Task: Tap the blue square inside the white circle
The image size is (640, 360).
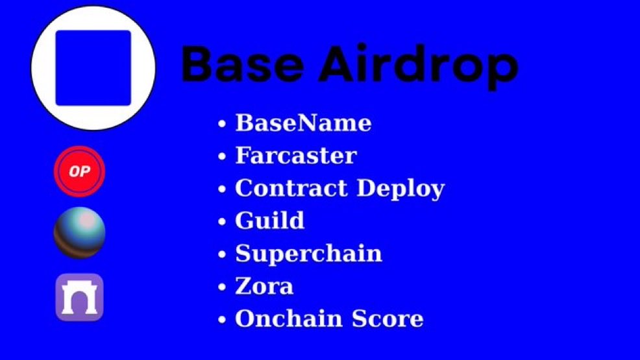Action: click(93, 68)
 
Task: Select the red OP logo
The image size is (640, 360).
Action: click(79, 172)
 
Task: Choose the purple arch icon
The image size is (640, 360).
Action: click(79, 298)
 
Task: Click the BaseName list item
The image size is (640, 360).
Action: click(303, 123)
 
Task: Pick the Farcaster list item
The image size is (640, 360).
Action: click(295, 156)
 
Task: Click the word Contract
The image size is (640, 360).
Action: click(291, 188)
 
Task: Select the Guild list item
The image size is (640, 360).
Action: click(269, 221)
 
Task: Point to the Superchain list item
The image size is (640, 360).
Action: click(308, 253)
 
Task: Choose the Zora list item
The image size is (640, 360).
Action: click(264, 286)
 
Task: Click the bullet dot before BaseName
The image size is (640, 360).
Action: click(223, 124)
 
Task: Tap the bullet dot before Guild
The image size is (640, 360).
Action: click(223, 222)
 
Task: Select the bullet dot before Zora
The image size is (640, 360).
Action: click(223, 287)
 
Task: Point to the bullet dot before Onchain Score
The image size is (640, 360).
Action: click(223, 320)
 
